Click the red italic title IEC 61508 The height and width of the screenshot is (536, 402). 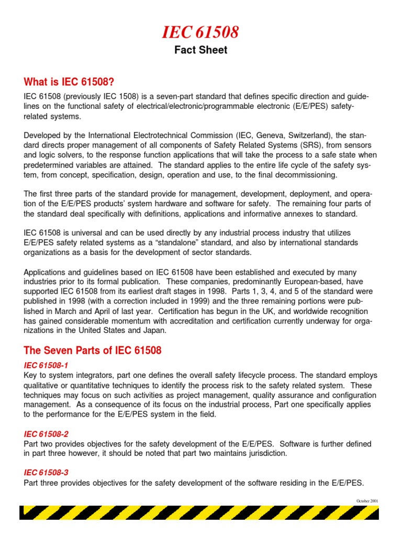[200, 32]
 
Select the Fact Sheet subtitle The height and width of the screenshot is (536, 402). [200, 51]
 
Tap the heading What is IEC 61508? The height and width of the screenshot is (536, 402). [69, 82]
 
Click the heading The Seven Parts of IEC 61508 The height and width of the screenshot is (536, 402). [93, 350]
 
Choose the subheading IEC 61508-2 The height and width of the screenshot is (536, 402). [46, 434]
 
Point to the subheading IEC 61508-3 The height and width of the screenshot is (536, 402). [46, 473]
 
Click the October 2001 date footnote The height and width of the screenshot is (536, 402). [367, 501]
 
